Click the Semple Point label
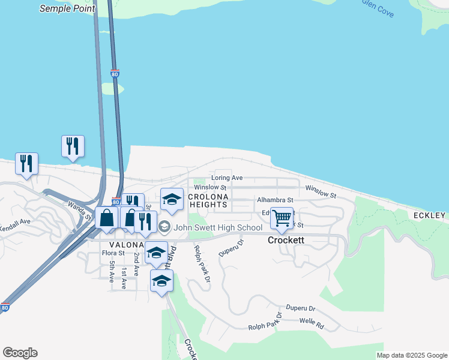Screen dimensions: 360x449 coord(67,8)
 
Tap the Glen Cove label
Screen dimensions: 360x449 coord(378,8)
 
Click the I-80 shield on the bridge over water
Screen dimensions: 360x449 coord(115,74)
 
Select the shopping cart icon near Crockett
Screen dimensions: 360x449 coord(282,217)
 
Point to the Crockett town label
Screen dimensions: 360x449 coord(286,240)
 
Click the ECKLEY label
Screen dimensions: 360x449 coord(429,215)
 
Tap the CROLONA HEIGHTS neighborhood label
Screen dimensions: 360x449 coord(208,200)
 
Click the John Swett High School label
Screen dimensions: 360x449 coord(218,227)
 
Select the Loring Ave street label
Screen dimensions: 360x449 coord(227,178)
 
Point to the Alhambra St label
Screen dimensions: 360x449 coord(274,200)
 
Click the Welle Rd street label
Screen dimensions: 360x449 coord(312,326)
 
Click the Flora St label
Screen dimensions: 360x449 coord(113,253)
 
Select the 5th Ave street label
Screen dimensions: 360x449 coord(112,270)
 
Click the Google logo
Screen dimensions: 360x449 coord(20,353)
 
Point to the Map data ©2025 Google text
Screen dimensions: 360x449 coord(412,355)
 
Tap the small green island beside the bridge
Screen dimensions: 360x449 coord(112,89)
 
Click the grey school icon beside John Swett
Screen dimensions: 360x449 coord(164,227)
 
